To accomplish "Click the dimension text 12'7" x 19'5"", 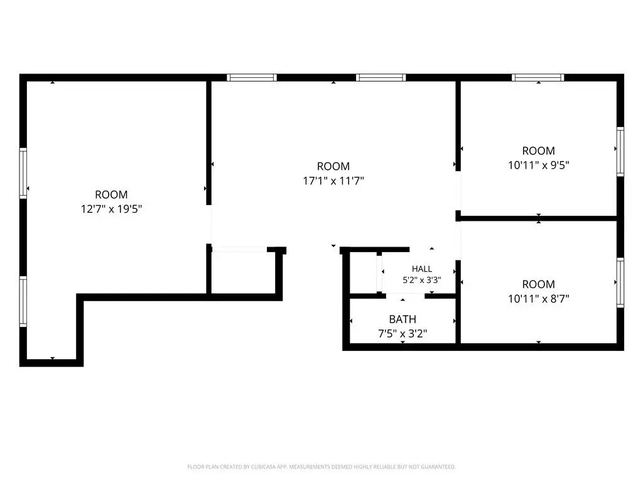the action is [x=111, y=209].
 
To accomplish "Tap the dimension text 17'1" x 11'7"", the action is [x=333, y=180].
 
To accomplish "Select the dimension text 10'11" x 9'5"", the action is [x=538, y=165].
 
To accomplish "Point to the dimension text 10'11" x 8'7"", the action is [x=538, y=299].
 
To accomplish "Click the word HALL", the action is [x=422, y=269].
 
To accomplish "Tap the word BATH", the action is [x=403, y=319].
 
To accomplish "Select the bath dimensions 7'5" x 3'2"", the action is [x=403, y=333].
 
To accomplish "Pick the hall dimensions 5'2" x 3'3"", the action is [x=422, y=280].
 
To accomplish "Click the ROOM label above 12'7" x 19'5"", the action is [x=111, y=195].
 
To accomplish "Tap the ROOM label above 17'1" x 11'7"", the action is [x=333, y=166].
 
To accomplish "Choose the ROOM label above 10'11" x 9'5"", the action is [x=538, y=151].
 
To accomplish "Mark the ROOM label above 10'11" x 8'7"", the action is [x=538, y=284].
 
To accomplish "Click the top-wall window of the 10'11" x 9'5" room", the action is [x=538, y=77].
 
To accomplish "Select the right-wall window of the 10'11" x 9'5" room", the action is [x=620, y=152].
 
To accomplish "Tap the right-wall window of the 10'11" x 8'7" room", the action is [x=620, y=282].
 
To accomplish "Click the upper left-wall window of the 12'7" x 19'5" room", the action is [x=23, y=174].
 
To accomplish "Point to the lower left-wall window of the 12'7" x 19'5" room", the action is [x=23, y=302].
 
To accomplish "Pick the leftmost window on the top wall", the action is [x=252, y=77].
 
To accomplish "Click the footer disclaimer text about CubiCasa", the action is [x=321, y=467].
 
